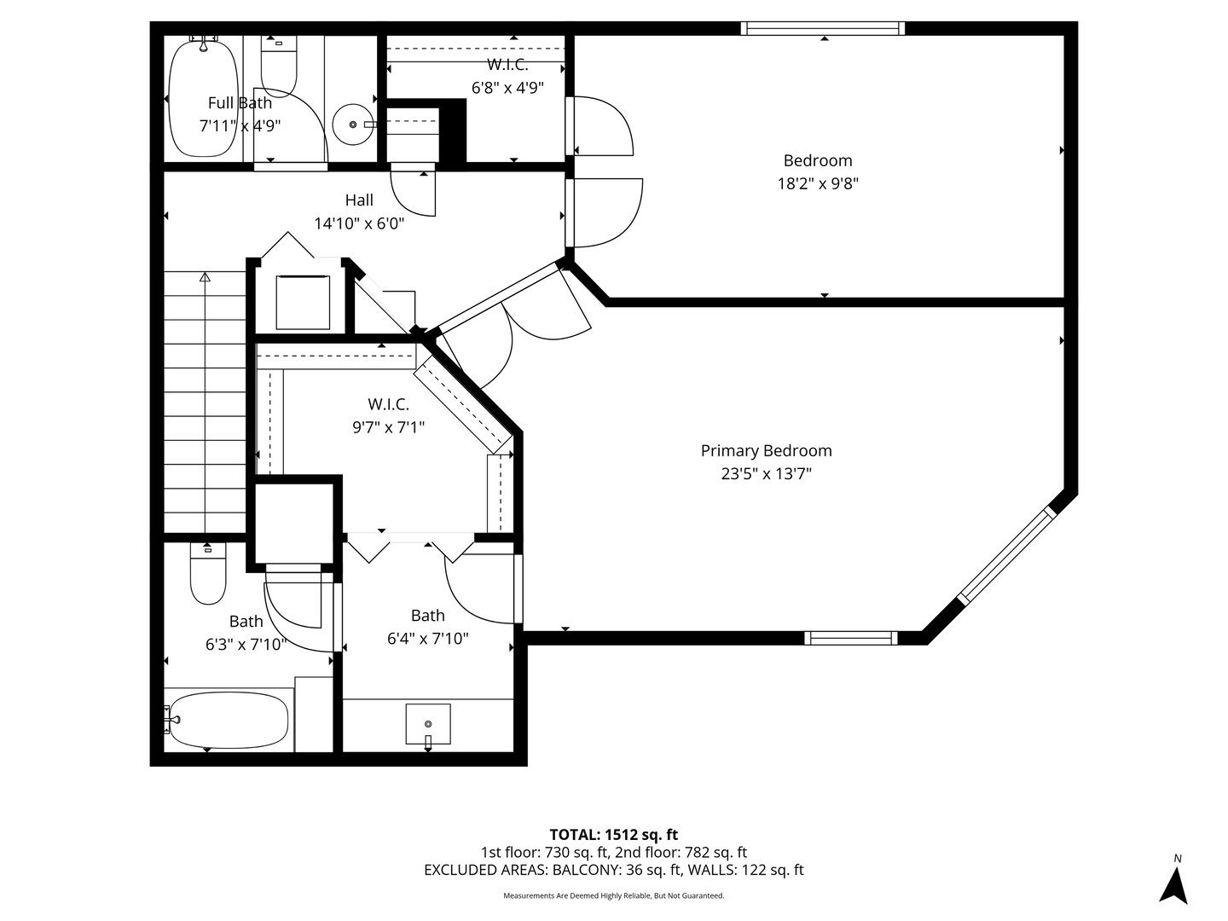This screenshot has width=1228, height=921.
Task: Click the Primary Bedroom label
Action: pos(766,451)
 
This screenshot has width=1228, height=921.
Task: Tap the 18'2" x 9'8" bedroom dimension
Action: pos(818,182)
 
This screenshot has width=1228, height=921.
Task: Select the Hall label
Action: pos(359,200)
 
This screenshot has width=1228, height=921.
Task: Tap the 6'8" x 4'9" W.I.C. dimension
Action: pos(507,87)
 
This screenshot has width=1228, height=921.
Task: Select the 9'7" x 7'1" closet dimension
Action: pos(389,426)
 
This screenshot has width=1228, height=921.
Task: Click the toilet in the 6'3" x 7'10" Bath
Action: pos(207,576)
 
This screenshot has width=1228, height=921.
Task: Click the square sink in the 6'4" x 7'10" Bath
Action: pos(428,725)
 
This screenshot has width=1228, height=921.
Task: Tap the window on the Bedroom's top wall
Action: pos(823,29)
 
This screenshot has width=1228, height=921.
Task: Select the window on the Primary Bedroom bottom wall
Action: pos(851,637)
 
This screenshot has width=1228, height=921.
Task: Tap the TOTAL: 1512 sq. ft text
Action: pos(614,834)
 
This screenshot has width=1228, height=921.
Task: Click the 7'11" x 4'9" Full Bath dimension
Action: pos(240,125)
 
